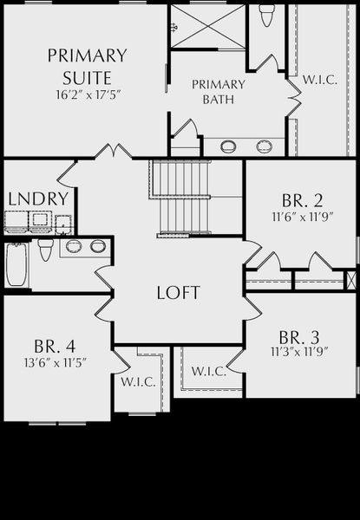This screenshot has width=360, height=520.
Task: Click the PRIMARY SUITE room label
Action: coord(87,67)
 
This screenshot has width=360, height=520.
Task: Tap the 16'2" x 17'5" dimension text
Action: coord(88,94)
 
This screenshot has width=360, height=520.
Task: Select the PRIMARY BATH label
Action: coord(219,92)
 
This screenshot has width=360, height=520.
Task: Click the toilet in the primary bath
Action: coord(267,16)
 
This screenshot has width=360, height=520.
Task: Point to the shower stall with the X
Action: coord(208,26)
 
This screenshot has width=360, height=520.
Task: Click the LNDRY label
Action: coord(38,198)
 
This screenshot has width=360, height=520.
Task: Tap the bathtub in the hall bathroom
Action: coord(16,264)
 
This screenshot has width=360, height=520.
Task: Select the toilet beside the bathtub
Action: coord(45,250)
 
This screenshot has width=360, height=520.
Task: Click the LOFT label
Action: coord(178,293)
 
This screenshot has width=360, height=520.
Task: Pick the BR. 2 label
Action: coord(302,200)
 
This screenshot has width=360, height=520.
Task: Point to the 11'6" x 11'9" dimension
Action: coord(302,217)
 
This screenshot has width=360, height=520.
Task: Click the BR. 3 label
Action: coord(299,337)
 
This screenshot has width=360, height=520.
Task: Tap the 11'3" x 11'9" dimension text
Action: coord(299,352)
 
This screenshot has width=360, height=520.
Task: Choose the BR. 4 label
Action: coord(55,346)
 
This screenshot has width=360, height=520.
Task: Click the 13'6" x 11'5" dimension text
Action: coord(56,362)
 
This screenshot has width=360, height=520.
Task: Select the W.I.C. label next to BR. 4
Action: coord(138,382)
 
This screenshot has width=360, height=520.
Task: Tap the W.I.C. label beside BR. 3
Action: coord(209,371)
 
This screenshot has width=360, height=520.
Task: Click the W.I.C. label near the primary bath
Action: coord(320,80)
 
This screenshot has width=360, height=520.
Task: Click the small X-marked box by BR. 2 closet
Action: coord(351,280)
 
